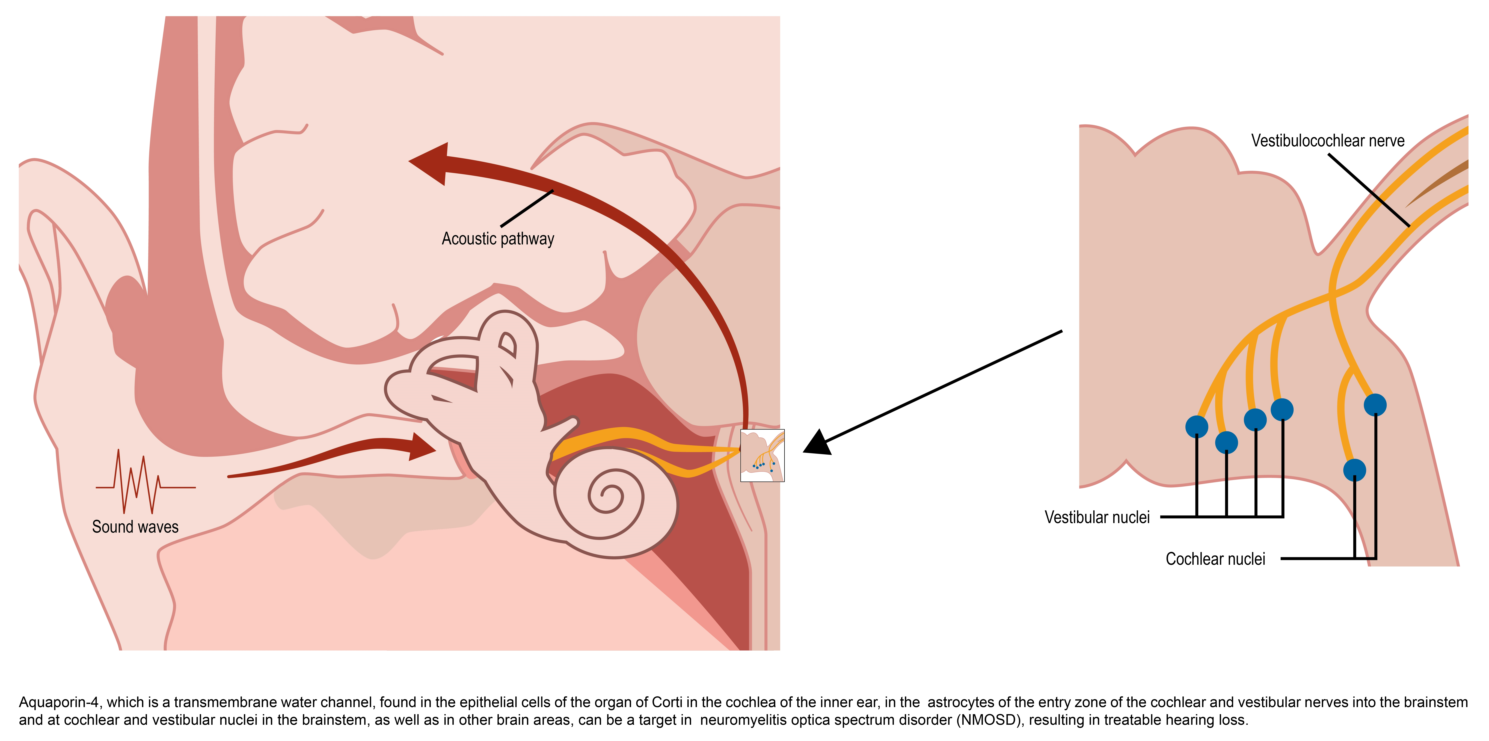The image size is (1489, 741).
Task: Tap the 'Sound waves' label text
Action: click(x=135, y=527)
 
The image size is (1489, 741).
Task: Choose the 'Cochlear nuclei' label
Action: click(x=1215, y=559)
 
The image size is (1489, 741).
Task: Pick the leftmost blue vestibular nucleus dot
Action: click(x=1197, y=426)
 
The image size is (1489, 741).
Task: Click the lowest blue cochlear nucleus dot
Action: click(x=1354, y=470)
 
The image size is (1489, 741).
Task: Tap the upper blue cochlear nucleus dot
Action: click(x=1375, y=405)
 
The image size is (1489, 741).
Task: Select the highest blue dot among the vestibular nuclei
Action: click(x=1282, y=410)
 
